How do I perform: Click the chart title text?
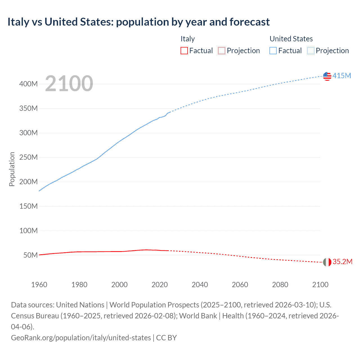(x=138, y=22)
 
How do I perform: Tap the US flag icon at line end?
(x=327, y=76)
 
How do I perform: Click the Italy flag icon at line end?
(x=327, y=262)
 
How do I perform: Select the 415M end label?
(x=342, y=76)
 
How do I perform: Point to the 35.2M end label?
(x=342, y=262)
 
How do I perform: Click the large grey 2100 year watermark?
(x=69, y=84)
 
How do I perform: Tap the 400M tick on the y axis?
(x=28, y=84)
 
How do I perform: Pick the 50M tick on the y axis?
(x=30, y=255)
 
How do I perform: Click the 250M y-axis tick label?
(x=28, y=157)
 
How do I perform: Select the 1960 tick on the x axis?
(x=39, y=285)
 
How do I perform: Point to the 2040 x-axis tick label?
(x=200, y=285)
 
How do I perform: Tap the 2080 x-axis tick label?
(x=280, y=285)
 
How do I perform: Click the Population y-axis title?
(x=12, y=169)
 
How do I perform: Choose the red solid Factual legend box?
(x=184, y=51)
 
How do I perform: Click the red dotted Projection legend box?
(x=222, y=51)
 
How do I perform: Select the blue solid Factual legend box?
(x=273, y=51)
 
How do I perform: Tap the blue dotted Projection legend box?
(x=311, y=51)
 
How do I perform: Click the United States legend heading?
(x=291, y=39)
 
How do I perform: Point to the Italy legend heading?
(x=188, y=39)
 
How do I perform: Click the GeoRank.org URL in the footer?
(x=81, y=338)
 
